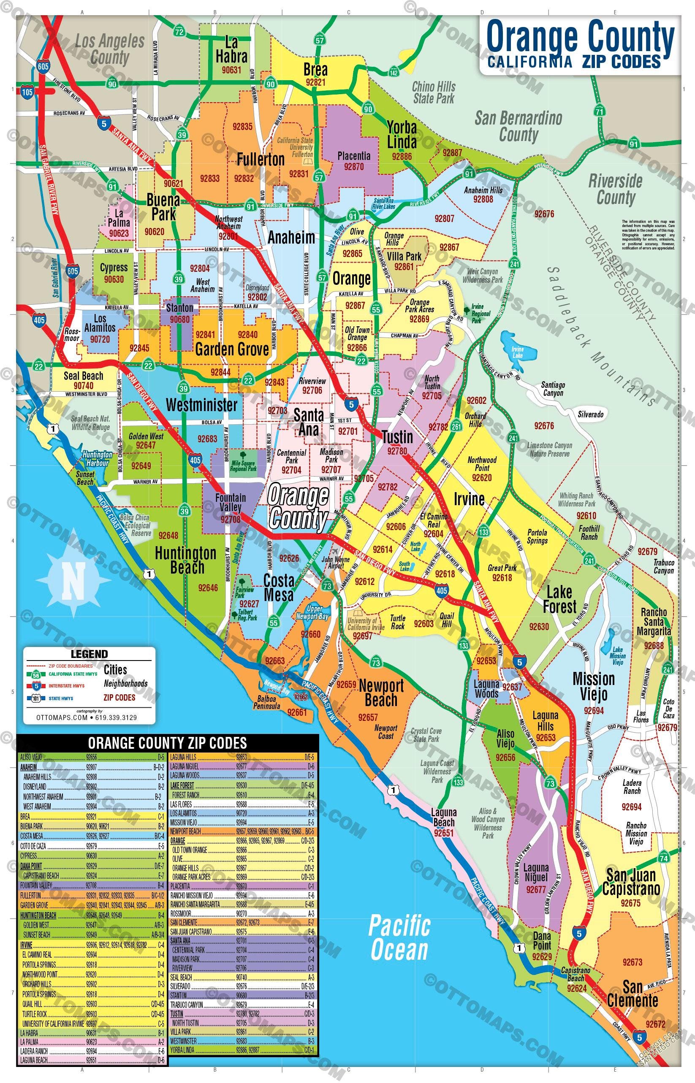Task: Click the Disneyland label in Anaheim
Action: [257, 287]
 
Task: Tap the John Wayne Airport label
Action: [335, 563]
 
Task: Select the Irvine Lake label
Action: [518, 352]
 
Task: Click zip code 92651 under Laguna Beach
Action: [444, 833]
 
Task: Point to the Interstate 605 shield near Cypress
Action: [72, 271]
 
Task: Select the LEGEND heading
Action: [89, 654]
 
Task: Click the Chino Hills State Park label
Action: [434, 92]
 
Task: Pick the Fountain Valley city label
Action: [230, 502]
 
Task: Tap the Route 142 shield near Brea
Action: [394, 72]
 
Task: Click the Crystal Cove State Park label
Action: [426, 735]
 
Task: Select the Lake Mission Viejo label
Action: [617, 656]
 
